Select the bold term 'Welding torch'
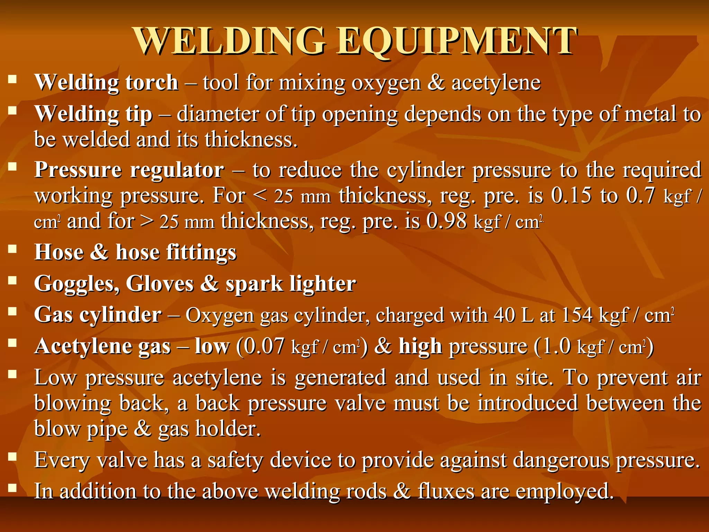[106, 82]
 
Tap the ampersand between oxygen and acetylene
[436, 82]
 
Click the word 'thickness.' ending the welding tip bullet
[251, 139]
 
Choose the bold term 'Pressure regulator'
[129, 170]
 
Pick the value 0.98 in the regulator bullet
[447, 221]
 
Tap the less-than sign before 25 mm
[260, 196]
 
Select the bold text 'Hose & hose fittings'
[135, 252]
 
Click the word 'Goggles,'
[77, 284]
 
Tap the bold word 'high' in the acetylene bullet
[420, 346]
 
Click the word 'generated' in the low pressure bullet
[340, 377]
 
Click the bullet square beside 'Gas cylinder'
[13, 312]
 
